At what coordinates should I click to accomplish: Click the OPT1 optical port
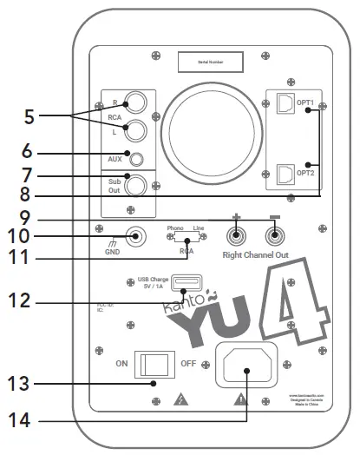tap(283, 108)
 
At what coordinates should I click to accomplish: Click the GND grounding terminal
tap(134, 235)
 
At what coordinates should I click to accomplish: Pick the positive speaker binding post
tap(235, 235)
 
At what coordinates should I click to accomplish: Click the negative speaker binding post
tap(273, 235)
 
